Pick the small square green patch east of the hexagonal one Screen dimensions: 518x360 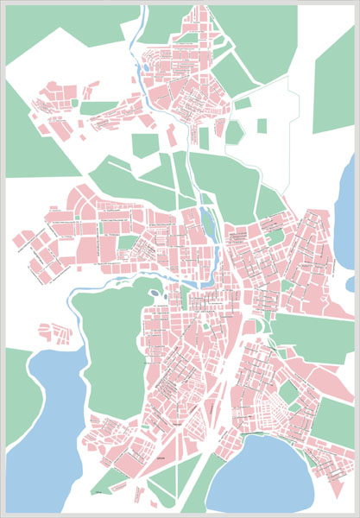[x=262, y=126]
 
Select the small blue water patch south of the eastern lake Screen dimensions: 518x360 [x=350, y=282]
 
